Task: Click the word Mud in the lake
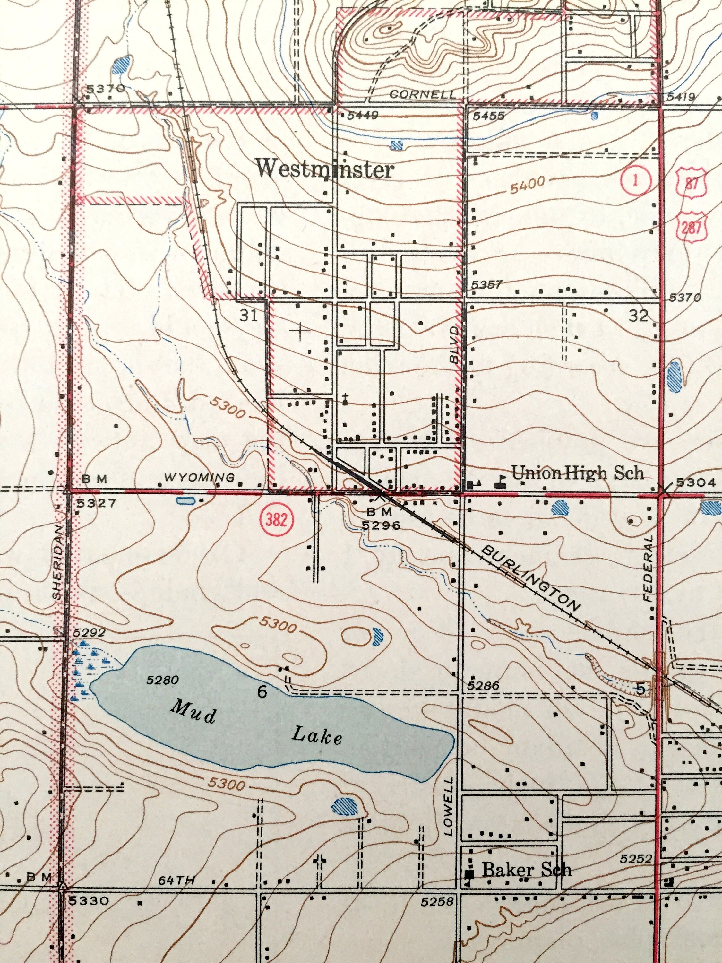pos(193,713)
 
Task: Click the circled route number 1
pos(635,181)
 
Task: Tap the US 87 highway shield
pos(691,183)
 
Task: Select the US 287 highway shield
pos(691,226)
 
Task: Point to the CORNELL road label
pos(422,94)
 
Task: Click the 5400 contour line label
pos(528,186)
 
